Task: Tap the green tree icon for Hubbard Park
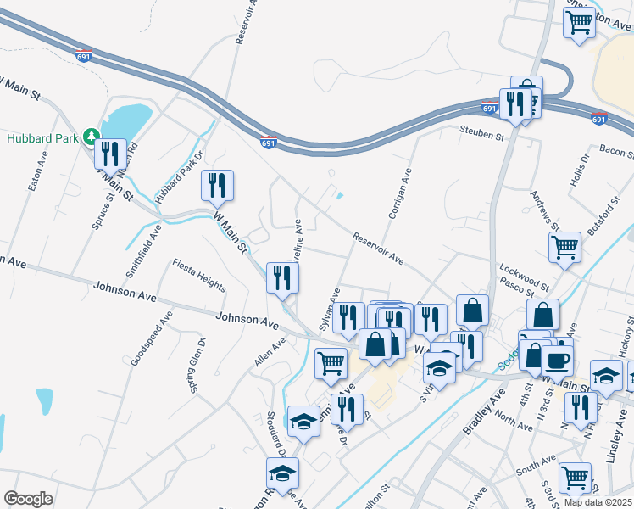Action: pos(91,137)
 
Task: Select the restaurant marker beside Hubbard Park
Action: pos(112,154)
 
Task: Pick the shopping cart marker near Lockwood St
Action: pos(564,248)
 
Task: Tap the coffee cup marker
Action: pos(557,359)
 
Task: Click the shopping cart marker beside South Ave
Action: pos(576,478)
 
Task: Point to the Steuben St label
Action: pos(481,133)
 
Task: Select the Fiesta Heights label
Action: pos(199,274)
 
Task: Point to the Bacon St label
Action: pos(616,153)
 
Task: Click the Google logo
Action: pos(28,499)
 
